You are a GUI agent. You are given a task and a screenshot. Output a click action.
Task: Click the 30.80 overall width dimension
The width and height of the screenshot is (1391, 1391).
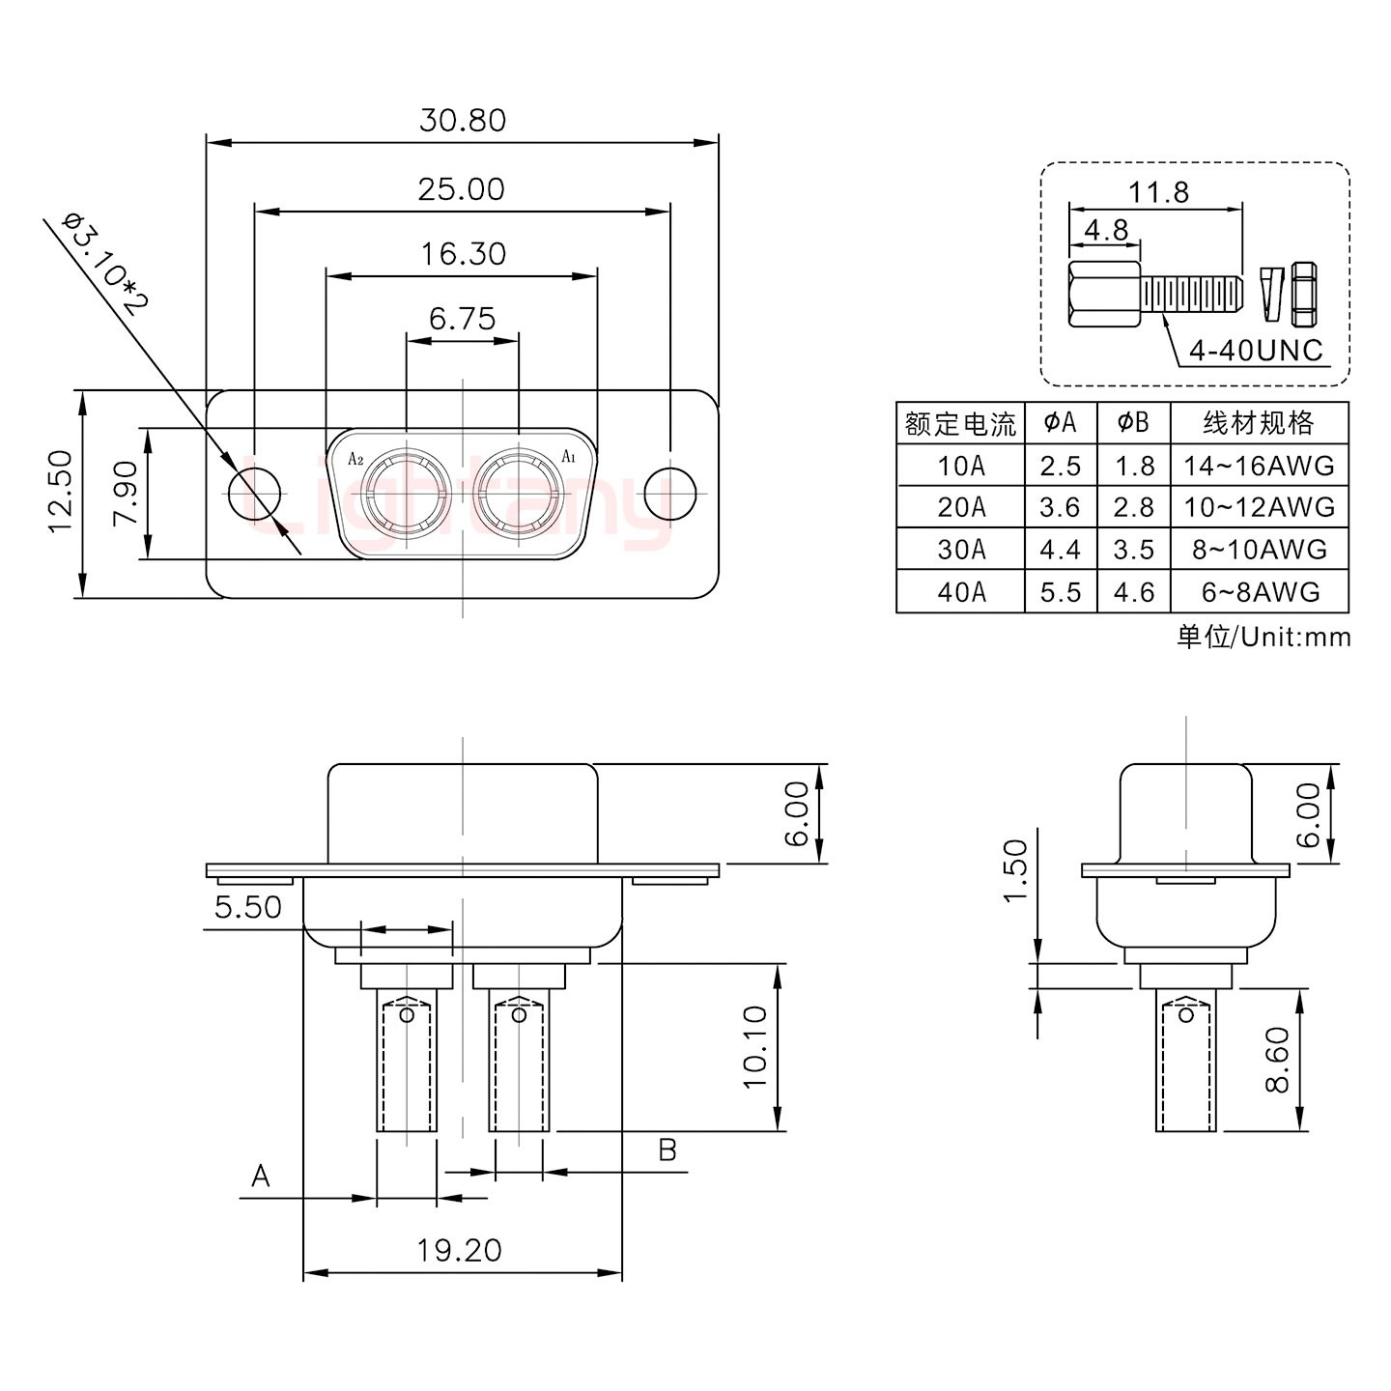coord(462,121)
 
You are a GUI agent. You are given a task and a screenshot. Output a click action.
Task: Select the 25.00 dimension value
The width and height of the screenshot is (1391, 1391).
coord(461,189)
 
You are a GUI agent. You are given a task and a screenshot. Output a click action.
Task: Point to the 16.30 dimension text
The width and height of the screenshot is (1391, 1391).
coord(463,254)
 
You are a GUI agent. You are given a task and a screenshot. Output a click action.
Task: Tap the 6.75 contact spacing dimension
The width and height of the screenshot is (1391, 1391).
coord(462,318)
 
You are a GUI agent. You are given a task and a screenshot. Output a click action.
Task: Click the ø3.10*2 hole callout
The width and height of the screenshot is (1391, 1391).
coord(103,265)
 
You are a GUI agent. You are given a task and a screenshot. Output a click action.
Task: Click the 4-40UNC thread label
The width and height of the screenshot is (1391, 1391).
coord(1255,350)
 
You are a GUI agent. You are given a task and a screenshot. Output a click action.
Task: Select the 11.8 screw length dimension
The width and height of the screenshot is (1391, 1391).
coord(1159,193)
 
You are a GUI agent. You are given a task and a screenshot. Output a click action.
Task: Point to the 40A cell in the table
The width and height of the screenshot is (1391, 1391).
coord(961,591)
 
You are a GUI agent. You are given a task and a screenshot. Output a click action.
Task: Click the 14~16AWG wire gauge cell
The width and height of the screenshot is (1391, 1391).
coord(1259,466)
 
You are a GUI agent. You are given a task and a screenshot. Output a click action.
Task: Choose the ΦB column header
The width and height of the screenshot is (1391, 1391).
coord(1133,423)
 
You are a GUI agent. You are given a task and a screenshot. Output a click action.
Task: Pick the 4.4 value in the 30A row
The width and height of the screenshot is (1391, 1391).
coord(1060,550)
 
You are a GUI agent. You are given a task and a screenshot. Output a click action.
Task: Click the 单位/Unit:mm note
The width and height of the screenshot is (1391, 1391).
coord(1263,637)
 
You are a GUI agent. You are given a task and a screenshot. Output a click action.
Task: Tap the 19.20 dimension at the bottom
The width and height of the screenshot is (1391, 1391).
coord(460,1251)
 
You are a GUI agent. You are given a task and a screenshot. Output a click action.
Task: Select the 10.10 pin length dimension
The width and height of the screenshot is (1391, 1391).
coord(755,1047)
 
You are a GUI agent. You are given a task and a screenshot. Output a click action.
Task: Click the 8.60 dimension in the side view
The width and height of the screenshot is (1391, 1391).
coord(1277,1060)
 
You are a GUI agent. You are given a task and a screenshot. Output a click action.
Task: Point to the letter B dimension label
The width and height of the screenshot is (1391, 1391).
coord(667,1150)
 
